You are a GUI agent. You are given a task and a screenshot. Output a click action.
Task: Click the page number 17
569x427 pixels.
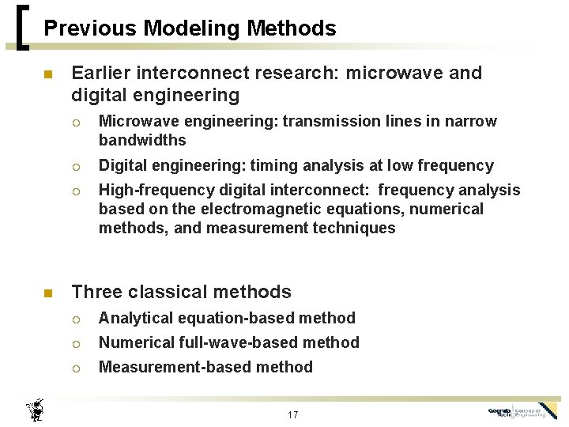(x=292, y=414)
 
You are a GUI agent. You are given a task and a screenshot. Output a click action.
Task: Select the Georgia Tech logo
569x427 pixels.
(x=522, y=411)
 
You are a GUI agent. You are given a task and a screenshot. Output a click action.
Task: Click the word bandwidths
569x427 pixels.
(x=142, y=140)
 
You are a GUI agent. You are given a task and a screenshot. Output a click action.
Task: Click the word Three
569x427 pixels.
(x=96, y=292)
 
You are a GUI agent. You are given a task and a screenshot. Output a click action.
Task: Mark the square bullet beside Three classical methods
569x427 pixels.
(x=47, y=293)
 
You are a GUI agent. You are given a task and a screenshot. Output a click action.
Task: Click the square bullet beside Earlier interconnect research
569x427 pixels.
(x=47, y=74)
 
